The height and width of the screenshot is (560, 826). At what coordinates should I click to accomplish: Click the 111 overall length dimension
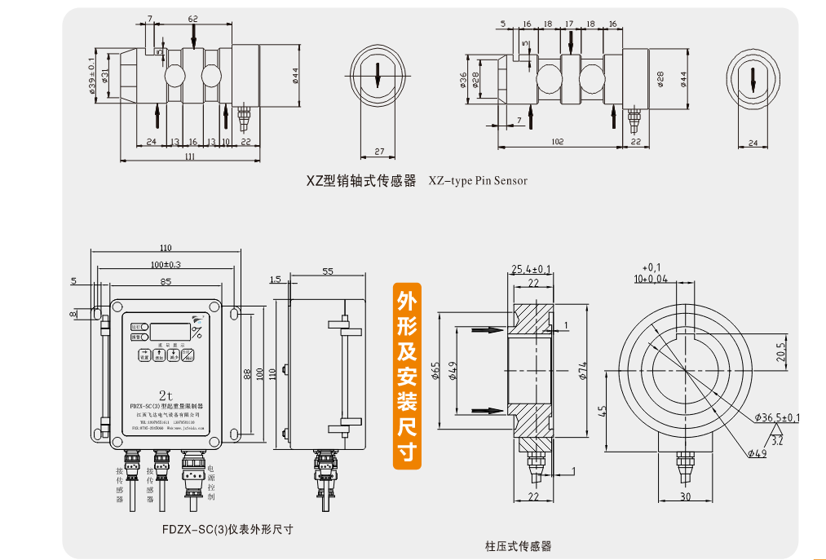[x=190, y=156]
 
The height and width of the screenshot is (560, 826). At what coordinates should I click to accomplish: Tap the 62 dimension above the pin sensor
[x=193, y=18]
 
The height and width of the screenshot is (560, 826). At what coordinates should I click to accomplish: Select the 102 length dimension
[x=558, y=142]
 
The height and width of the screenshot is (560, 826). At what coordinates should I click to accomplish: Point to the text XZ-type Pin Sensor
[x=478, y=180]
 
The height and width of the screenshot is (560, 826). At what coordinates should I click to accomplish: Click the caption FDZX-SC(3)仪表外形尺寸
[x=227, y=529]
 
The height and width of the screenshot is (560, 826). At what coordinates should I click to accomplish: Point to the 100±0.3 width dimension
[x=166, y=265]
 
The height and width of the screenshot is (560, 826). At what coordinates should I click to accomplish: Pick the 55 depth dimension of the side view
[x=328, y=271]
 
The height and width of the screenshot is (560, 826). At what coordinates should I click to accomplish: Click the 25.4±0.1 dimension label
[x=531, y=269]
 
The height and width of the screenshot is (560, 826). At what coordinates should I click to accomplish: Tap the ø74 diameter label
[x=582, y=372]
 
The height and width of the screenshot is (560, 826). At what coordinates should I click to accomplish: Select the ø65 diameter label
[x=436, y=372]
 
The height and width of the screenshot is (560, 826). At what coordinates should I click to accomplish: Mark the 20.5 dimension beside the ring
[x=780, y=352]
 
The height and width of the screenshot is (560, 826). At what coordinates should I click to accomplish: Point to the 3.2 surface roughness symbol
[x=776, y=441]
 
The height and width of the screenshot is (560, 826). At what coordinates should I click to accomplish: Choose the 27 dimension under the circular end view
[x=378, y=152]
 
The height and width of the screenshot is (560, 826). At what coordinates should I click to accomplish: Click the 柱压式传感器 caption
[x=518, y=545]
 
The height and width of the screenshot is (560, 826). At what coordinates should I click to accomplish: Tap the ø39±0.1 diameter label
[x=92, y=76]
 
